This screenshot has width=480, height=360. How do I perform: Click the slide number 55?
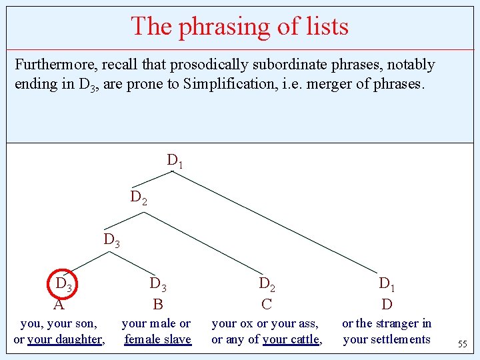click(x=462, y=345)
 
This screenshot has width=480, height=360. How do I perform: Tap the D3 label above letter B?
click(x=158, y=285)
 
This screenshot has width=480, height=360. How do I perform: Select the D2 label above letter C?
click(x=267, y=285)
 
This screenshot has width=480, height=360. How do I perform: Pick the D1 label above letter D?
click(x=387, y=285)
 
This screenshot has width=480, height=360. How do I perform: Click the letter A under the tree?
click(x=59, y=305)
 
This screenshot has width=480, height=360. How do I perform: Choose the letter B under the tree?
click(x=158, y=305)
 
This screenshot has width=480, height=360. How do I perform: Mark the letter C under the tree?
click(x=267, y=305)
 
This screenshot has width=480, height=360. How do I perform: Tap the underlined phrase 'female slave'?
click(x=158, y=339)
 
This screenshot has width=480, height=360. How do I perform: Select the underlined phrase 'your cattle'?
click(x=291, y=339)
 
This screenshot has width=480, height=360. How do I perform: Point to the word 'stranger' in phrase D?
click(x=397, y=323)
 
